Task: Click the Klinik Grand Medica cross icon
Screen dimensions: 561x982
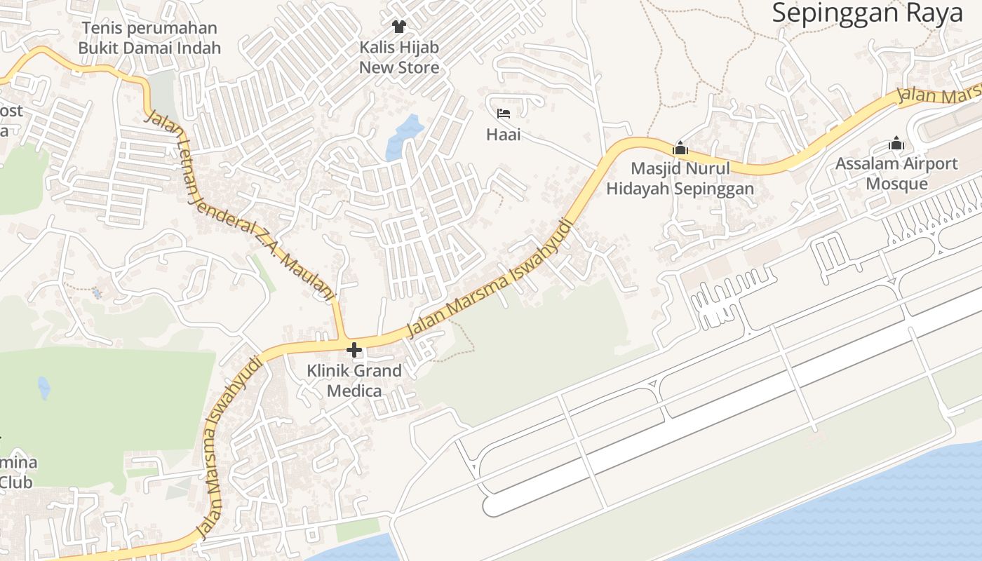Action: [x=354, y=349]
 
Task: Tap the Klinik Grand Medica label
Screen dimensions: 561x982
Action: [x=354, y=380]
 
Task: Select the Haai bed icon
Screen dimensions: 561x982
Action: [x=504, y=114]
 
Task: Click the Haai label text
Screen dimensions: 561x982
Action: [x=504, y=134]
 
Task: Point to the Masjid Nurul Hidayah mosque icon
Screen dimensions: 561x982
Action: [x=680, y=148]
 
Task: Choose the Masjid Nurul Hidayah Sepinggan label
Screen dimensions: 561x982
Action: [x=680, y=178]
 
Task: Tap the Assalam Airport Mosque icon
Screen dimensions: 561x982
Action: [x=896, y=144]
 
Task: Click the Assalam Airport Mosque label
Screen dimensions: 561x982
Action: [x=896, y=173]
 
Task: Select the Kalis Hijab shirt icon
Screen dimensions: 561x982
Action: [x=399, y=27]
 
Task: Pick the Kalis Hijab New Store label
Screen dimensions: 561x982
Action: [x=399, y=58]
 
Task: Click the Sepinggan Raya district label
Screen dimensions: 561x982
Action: [x=868, y=13]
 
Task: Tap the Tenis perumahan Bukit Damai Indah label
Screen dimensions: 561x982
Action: [x=149, y=38]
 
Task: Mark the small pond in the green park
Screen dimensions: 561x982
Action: [x=44, y=386]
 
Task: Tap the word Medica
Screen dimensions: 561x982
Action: [x=354, y=391]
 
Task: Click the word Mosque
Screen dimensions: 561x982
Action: [x=896, y=184]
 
